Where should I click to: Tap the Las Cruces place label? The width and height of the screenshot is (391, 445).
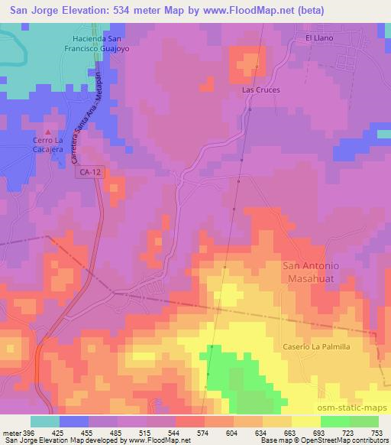coord(261,89)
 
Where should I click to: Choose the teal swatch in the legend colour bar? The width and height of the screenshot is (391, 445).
coord(45,421)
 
